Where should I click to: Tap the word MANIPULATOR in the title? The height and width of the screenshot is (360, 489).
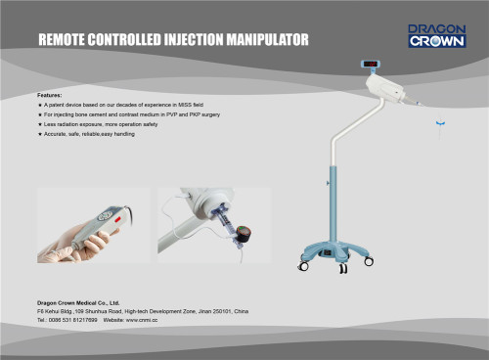click(265, 41)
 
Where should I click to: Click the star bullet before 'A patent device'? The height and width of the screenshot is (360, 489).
click(39, 105)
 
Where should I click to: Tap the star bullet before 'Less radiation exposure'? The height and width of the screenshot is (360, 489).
click(39, 124)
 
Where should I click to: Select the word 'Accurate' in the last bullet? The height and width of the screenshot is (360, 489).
click(59, 133)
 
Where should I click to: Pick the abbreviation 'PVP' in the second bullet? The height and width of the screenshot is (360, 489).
click(151, 114)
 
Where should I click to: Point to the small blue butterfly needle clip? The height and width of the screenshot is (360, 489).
click(440, 122)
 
